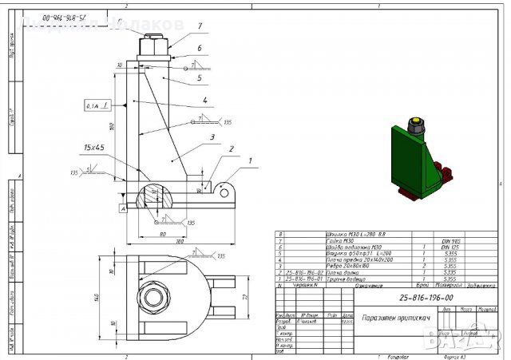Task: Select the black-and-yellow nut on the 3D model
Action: (x=415, y=125)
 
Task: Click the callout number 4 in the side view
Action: (x=204, y=101)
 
